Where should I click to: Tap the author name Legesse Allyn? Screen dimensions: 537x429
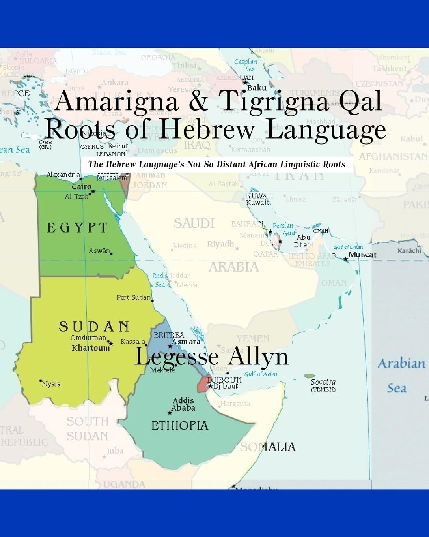[212, 357]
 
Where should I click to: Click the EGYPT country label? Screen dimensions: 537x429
[77, 228]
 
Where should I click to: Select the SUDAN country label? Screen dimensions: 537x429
[94, 327]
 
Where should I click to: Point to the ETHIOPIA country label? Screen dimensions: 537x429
[180, 425]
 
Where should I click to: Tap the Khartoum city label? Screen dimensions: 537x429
[90, 348]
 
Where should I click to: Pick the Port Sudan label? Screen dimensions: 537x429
[133, 297]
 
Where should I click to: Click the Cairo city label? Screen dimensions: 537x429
[81, 186]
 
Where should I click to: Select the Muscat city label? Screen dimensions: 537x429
[362, 255]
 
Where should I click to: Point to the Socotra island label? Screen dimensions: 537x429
[323, 382]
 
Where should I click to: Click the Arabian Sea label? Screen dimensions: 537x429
[401, 375]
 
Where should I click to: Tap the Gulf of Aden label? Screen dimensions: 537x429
[261, 374]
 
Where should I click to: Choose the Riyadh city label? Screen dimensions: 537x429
[220, 244]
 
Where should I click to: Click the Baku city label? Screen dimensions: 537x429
[257, 88]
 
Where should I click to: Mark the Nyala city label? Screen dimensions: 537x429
[51, 383]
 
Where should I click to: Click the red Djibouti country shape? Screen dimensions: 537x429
[203, 383]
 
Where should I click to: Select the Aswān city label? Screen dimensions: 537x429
[99, 251]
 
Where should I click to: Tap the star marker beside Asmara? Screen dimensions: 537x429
[170, 346]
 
